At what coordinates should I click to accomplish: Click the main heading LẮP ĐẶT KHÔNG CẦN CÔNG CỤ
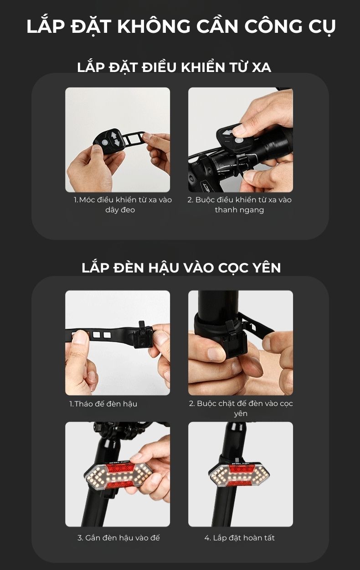pyautogui.click(x=181, y=26)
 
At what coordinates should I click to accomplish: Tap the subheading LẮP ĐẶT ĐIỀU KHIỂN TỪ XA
pyautogui.click(x=174, y=67)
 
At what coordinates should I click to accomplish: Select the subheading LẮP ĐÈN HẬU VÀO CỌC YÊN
pyautogui.click(x=181, y=268)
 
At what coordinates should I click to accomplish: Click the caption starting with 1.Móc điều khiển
pyautogui.click(x=123, y=205)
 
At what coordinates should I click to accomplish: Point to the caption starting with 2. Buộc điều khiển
pyautogui.click(x=239, y=205)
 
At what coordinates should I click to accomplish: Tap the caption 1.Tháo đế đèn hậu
pyautogui.click(x=103, y=404)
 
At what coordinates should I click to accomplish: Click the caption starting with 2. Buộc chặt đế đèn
pyautogui.click(x=241, y=408)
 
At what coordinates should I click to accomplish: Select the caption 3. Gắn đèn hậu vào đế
pyautogui.click(x=118, y=538)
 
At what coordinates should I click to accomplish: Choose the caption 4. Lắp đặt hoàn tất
pyautogui.click(x=239, y=538)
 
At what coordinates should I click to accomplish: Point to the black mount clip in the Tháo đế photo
pyautogui.click(x=143, y=335)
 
